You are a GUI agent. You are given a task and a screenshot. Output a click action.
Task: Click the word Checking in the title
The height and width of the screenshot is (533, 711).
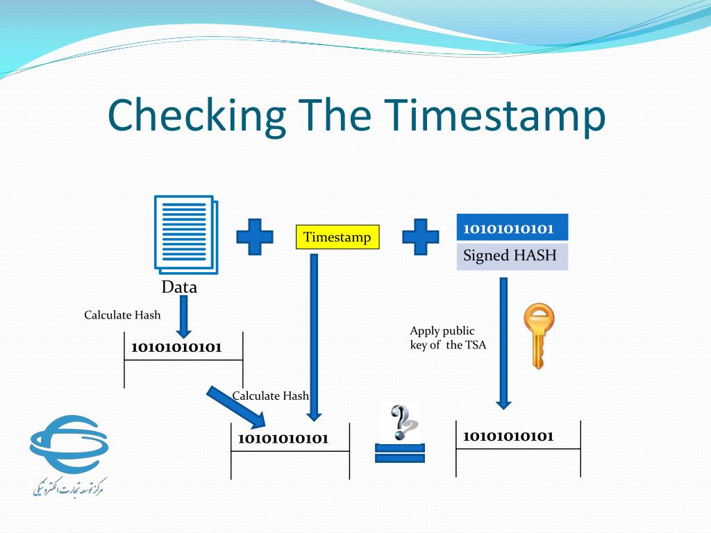[x=196, y=116]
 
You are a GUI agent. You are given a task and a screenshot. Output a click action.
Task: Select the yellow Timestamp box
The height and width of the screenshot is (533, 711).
[x=337, y=237]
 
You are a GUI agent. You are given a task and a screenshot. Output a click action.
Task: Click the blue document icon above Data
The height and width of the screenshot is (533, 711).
[x=186, y=235]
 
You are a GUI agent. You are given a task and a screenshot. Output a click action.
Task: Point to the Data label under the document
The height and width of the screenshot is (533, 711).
[x=179, y=287]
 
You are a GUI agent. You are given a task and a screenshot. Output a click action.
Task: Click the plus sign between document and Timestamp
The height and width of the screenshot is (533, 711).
[x=255, y=237]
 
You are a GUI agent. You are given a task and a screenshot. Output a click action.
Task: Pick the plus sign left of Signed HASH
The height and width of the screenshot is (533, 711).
[x=420, y=237]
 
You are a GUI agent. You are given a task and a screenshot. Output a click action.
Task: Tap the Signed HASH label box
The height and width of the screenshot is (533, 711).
[x=512, y=256]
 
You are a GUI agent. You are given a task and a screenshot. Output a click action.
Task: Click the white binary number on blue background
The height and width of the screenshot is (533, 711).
[x=508, y=228]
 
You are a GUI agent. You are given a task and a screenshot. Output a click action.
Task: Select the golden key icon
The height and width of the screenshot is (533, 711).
[x=539, y=335]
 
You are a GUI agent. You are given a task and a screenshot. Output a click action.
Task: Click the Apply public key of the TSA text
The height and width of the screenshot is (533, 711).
[x=448, y=338]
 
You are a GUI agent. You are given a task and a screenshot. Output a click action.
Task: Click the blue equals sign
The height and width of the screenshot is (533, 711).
[x=400, y=453]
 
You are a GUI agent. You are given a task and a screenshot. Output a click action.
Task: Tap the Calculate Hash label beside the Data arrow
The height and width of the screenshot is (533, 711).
[x=122, y=315]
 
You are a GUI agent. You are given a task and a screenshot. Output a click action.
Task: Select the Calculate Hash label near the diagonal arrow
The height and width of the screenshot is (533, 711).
[x=270, y=396]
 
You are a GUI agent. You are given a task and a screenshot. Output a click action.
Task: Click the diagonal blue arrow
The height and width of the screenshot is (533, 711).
[x=236, y=407]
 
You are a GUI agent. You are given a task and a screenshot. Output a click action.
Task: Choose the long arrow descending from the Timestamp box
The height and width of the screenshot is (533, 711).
[x=314, y=337]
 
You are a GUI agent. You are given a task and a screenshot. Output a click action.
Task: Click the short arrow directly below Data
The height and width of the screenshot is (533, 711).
[x=183, y=316]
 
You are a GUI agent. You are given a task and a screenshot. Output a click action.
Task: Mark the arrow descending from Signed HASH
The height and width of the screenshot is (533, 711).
[x=503, y=344]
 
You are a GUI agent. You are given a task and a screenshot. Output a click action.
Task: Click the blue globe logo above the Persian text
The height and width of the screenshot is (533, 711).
[x=69, y=444]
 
